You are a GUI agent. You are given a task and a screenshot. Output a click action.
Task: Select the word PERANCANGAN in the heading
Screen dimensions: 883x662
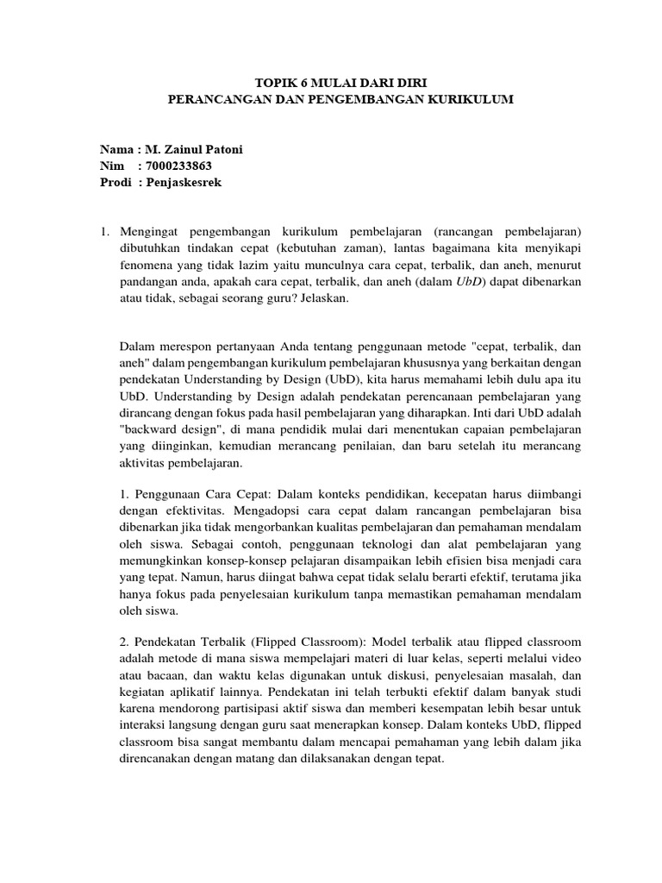tap(206, 100)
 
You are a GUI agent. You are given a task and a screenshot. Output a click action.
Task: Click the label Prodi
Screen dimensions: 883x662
tap(116, 182)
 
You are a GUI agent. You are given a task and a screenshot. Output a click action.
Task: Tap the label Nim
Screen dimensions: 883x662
tap(112, 166)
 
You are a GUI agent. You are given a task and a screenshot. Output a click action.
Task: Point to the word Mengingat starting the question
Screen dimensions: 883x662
tap(148, 232)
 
